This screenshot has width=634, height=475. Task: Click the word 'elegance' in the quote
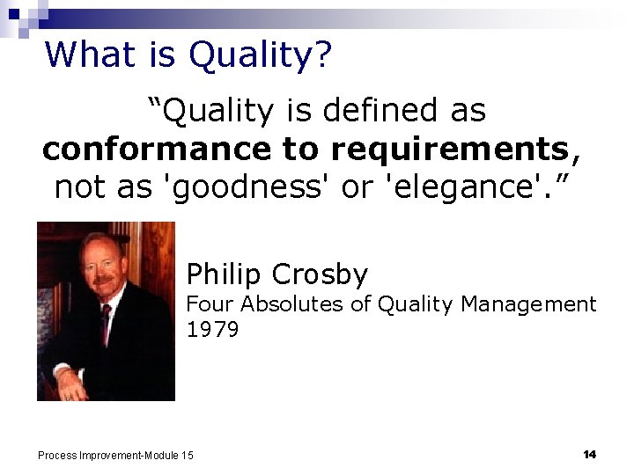[x=461, y=188]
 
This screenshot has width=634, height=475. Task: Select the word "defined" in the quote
[x=371, y=111]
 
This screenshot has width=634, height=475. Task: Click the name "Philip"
[x=225, y=274]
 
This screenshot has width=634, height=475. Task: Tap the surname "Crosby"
[x=320, y=274]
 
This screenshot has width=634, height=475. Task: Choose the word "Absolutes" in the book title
[x=289, y=304]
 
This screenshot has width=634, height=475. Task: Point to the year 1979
[x=212, y=330]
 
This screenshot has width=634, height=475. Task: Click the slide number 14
[x=589, y=454]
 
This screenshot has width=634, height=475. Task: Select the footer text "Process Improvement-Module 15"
[x=115, y=455]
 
